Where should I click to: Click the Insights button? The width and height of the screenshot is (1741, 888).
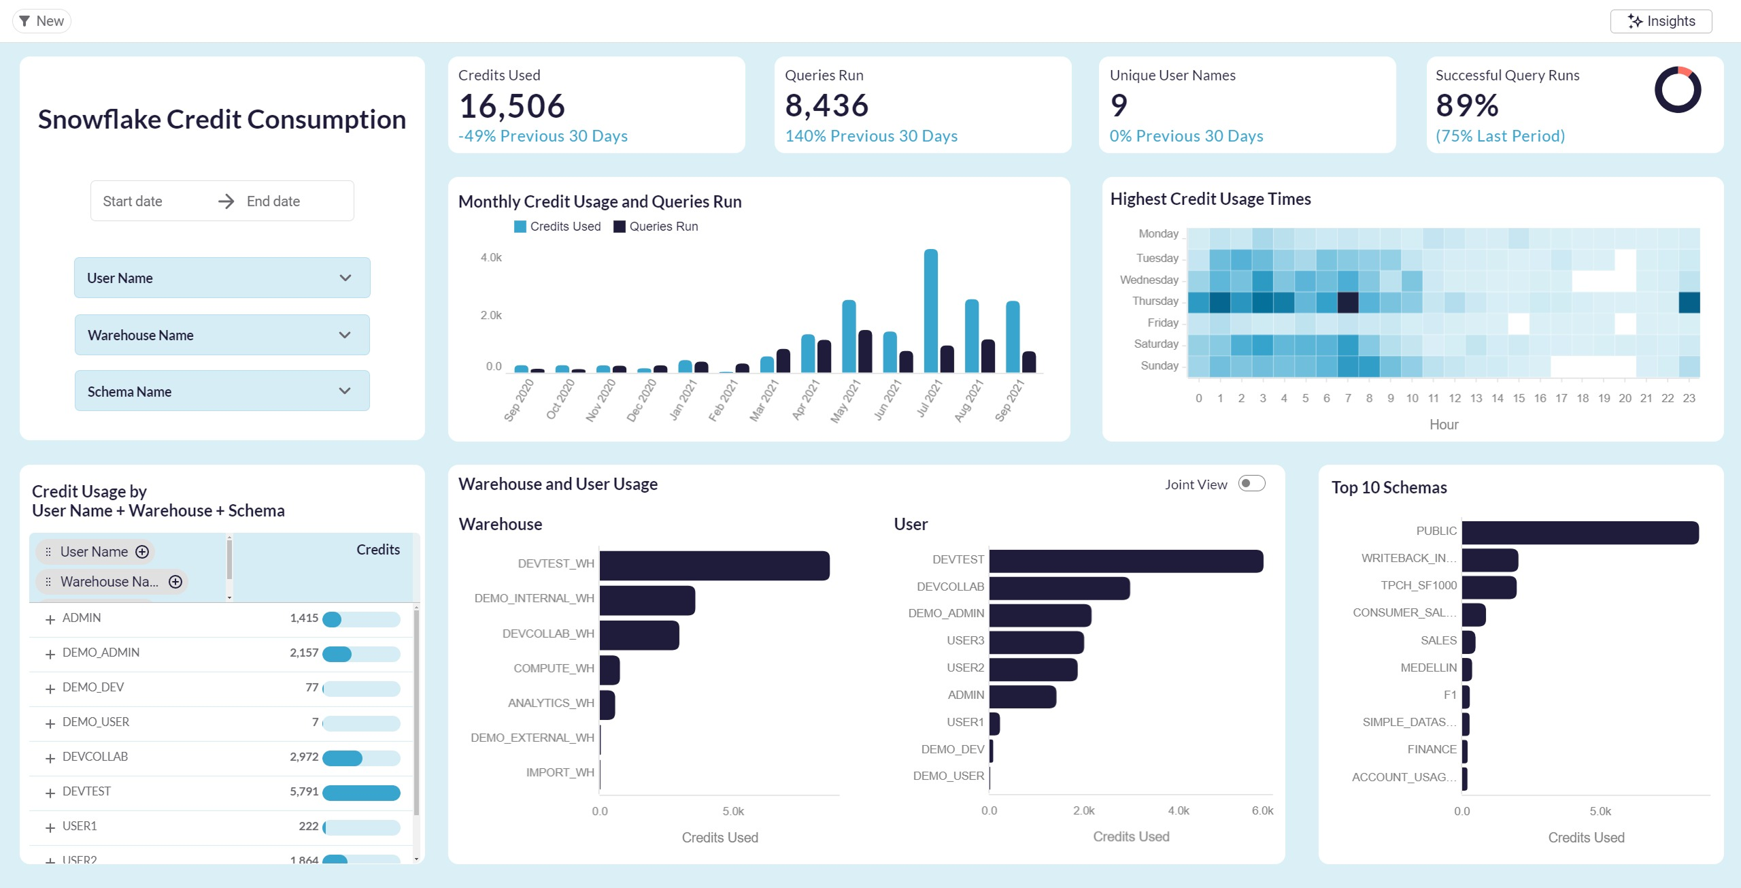[x=1661, y=21]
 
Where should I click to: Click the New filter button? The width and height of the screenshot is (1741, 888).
[x=41, y=21]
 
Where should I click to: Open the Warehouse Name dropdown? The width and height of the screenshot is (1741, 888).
[x=222, y=335]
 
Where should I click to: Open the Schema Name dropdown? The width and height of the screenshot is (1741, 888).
[x=222, y=391]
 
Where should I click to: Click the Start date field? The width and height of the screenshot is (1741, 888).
[x=133, y=201]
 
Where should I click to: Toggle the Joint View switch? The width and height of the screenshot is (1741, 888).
[x=1251, y=484]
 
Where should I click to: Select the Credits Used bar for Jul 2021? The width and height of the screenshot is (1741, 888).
[x=930, y=311]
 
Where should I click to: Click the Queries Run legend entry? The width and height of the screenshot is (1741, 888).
[x=656, y=227]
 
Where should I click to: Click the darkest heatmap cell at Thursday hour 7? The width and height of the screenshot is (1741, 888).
[x=1348, y=301]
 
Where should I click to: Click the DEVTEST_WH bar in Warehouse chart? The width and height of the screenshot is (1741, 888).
[x=714, y=565]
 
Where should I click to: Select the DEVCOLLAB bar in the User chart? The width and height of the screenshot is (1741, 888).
[x=1059, y=588]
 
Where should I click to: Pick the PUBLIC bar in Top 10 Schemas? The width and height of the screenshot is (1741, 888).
[x=1580, y=533]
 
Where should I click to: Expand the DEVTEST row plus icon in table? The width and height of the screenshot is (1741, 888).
[x=50, y=793]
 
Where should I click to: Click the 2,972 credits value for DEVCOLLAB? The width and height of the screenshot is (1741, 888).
[x=304, y=757]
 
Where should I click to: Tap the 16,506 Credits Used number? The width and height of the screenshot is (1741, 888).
[x=511, y=106]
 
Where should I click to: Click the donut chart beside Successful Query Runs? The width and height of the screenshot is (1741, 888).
[x=1677, y=90]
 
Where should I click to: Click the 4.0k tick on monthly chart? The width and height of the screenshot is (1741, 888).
[x=491, y=257]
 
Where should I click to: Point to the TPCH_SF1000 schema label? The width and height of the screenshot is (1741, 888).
[x=1418, y=585]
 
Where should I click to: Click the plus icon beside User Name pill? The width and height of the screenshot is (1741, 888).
[x=142, y=552]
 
